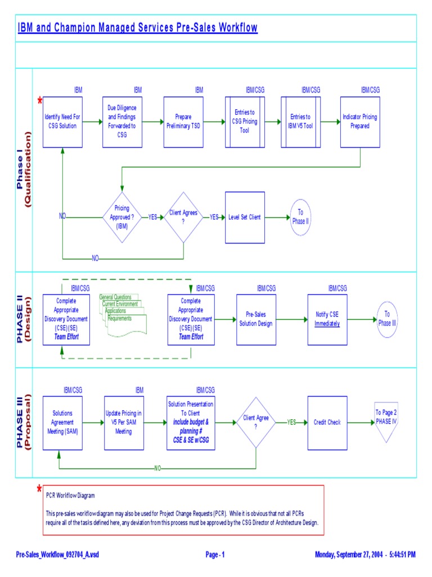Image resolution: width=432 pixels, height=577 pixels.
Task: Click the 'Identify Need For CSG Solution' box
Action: tap(62, 122)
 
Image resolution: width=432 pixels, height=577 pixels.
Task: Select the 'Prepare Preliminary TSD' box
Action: tap(183, 122)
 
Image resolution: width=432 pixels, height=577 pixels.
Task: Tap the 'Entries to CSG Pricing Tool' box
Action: tap(245, 122)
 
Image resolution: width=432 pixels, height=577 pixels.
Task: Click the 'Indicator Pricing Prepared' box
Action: tap(360, 122)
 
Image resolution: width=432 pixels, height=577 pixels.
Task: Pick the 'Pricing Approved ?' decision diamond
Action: tap(122, 217)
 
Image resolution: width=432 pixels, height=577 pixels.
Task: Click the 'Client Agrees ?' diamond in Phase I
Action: tap(183, 217)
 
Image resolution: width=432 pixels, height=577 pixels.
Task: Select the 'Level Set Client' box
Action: tap(245, 218)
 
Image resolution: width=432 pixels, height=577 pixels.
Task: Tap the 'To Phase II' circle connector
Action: tap(300, 217)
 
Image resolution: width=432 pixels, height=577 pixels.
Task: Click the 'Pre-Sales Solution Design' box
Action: tap(256, 319)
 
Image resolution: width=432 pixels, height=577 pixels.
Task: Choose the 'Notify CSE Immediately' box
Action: tap(327, 319)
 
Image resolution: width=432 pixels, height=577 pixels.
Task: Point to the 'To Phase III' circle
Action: tap(387, 319)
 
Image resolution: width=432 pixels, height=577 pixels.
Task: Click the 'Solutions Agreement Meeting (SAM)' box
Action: tap(62, 423)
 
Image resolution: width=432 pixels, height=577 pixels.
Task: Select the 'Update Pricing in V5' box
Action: tap(124, 423)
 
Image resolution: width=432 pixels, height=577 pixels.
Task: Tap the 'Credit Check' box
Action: tap(327, 423)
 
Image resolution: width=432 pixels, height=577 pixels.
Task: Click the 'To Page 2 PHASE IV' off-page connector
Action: tap(386, 420)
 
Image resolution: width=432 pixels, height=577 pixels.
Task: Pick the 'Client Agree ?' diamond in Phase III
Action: tap(255, 422)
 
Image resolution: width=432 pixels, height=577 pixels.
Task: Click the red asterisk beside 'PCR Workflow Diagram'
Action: tap(39, 489)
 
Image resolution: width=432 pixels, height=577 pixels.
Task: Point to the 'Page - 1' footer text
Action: tap(215, 555)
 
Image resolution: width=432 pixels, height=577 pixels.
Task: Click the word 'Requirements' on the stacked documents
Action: tap(119, 319)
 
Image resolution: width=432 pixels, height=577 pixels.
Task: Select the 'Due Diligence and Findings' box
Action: tap(122, 122)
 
